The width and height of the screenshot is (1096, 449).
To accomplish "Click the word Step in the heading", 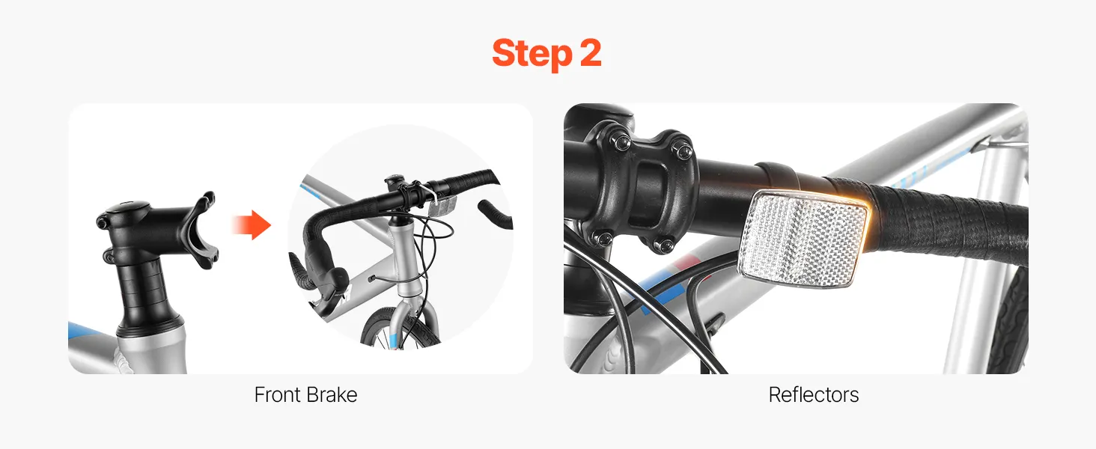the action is (532, 54).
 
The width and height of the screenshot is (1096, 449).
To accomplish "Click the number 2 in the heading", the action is (591, 53).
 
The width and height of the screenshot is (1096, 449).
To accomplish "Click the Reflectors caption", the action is (813, 394).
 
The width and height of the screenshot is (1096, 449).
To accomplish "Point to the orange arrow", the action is (252, 225).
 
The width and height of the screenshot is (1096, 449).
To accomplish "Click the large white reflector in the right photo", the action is (803, 239).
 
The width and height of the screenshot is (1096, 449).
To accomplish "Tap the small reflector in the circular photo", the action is (442, 206).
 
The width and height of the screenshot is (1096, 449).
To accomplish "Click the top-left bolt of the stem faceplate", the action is (622, 143).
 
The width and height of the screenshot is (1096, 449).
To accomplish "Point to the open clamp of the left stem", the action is (206, 230).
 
